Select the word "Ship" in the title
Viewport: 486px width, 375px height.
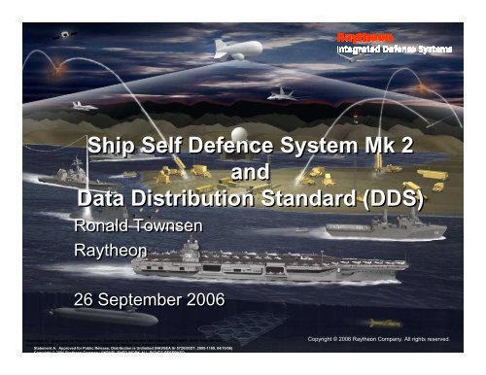pyautogui.click(x=111, y=149)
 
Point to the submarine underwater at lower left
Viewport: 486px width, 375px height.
pyautogui.click(x=78, y=316)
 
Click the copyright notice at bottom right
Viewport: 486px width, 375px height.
pyautogui.click(x=376, y=339)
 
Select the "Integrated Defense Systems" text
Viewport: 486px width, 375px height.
pyautogui.click(x=394, y=48)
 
